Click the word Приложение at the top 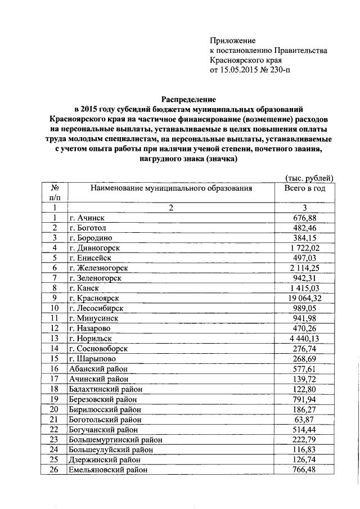(x=232, y=40)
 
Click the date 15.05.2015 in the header (x=238, y=71)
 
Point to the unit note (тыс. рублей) (x=309, y=178)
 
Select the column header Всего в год (x=305, y=188)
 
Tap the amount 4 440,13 (x=306, y=339)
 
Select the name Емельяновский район (x=108, y=470)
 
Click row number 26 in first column (x=55, y=470)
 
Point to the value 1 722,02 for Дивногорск (x=306, y=247)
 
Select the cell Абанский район (x=95, y=369)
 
